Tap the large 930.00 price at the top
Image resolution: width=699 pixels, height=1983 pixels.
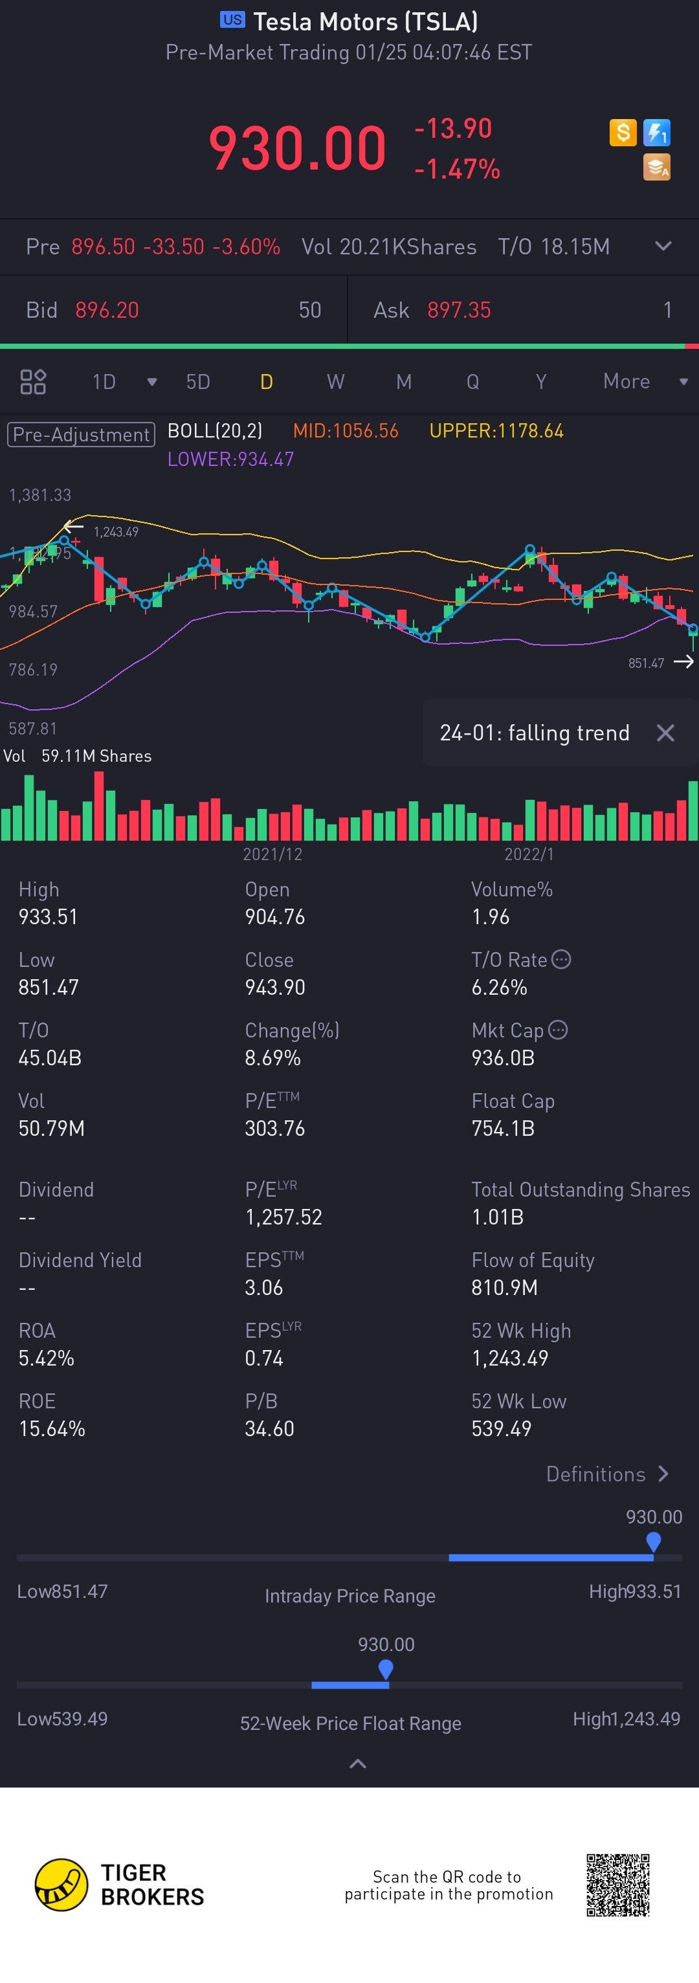297,148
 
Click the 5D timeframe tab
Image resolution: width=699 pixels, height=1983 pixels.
198,382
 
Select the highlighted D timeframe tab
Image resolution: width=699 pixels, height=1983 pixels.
267,382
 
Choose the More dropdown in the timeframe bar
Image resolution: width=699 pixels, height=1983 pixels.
643,381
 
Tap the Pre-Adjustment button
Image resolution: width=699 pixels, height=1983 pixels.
81,434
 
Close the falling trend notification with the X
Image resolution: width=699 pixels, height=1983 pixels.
665,733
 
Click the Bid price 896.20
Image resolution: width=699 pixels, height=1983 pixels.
107,310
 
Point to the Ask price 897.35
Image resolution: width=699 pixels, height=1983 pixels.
459,310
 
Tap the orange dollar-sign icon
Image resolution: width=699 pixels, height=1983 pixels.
623,133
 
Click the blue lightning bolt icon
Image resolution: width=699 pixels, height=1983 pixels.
657,133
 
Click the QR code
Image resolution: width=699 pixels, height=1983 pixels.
617,1885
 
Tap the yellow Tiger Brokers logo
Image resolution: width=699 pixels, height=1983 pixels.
61,1885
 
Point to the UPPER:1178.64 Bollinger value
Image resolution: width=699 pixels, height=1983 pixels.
496,431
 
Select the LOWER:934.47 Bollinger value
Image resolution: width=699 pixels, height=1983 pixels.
230,460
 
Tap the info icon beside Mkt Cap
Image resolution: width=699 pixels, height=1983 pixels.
558,1030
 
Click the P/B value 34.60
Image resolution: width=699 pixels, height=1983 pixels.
269,1429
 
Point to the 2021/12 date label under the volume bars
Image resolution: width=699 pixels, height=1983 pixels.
272,854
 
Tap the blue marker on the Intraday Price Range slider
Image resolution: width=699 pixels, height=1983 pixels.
654,1542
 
